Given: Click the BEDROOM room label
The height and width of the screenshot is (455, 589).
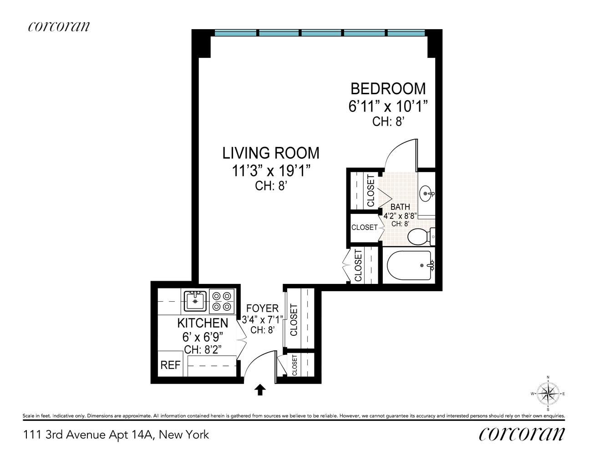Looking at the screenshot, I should pyautogui.click(x=387, y=88).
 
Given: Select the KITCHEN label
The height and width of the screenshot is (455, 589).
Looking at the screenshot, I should pyautogui.click(x=203, y=323).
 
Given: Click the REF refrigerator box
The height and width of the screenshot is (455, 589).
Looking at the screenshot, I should pyautogui.click(x=170, y=364).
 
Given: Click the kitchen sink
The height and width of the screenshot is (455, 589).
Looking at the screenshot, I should pyautogui.click(x=196, y=301).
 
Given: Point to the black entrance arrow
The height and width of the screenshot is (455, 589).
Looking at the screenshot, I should pyautogui.click(x=260, y=389).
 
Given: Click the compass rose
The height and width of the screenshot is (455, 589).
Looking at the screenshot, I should pyautogui.click(x=548, y=394).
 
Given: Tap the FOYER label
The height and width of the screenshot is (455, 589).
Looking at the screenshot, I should pyautogui.click(x=262, y=308).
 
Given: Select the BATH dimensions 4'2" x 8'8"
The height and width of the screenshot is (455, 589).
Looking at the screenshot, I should pyautogui.click(x=400, y=216).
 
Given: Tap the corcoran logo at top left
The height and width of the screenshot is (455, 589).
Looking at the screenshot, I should pyautogui.click(x=59, y=26).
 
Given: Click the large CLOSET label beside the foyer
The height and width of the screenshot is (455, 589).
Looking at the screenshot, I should pyautogui.click(x=294, y=319).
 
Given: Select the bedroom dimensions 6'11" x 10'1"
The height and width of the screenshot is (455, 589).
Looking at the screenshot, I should pyautogui.click(x=388, y=107).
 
